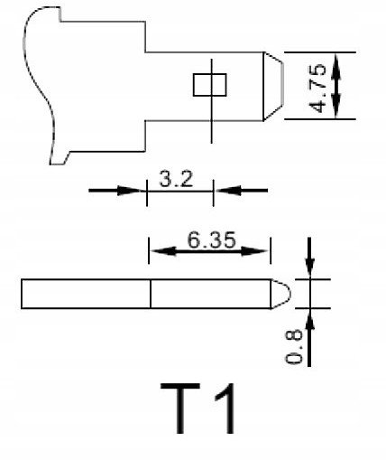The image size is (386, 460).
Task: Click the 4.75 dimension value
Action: (317, 88)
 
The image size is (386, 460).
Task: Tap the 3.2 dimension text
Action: (176, 179)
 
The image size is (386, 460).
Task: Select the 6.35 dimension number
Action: (211, 240)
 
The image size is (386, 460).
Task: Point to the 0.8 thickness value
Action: (294, 347)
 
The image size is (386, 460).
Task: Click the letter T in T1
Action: (180, 408)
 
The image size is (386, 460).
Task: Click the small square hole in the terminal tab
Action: (209, 85)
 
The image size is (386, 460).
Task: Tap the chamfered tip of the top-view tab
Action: (273, 86)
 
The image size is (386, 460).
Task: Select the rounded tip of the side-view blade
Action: (280, 294)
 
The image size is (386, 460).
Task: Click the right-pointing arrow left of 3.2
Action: (115, 191)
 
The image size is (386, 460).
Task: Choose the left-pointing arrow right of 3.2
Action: (242, 191)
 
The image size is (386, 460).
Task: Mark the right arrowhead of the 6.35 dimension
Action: (254, 251)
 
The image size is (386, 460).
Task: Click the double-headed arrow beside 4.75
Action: (336, 86)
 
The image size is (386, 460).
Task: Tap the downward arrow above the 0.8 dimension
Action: (309, 258)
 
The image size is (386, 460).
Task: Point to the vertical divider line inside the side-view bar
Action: (151, 294)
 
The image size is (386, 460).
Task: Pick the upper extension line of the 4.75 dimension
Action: (320, 52)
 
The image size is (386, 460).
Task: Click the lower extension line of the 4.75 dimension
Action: (320, 119)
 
